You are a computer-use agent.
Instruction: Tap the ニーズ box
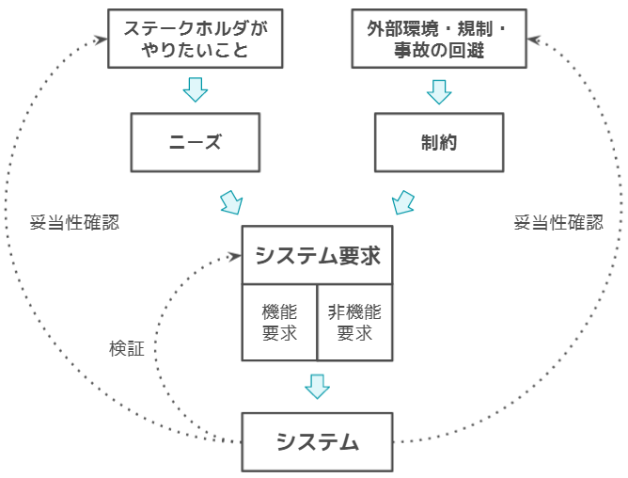coord(196,142)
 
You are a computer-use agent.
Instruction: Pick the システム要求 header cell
coord(317,255)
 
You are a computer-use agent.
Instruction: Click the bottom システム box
coord(317,441)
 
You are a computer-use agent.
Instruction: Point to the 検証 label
coord(127,348)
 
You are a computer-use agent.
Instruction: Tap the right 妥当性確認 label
coord(558,223)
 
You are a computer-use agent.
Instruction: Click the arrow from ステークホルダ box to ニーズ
coord(196,90)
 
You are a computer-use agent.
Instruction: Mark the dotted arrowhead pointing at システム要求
coord(234,256)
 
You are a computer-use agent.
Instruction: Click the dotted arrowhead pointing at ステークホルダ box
coord(101,39)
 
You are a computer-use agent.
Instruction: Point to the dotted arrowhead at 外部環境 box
coord(533,39)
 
